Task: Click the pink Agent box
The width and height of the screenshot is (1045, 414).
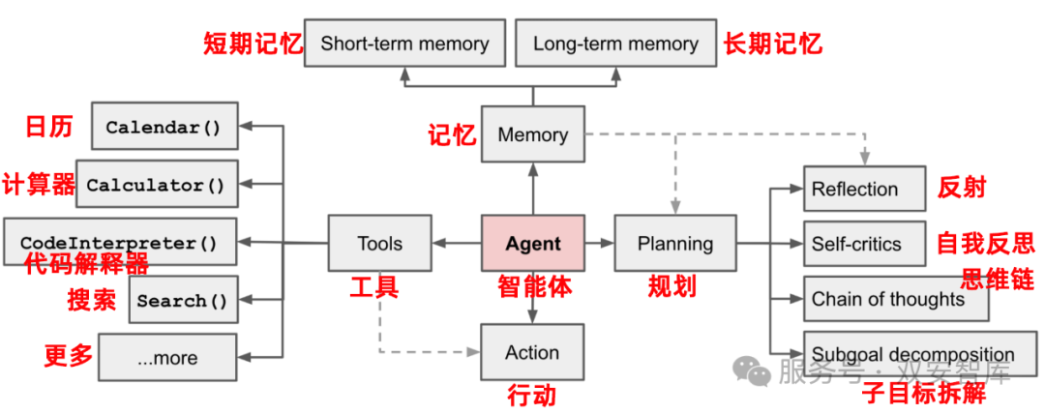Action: pos(532,243)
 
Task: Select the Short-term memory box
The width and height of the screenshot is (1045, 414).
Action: pos(404,44)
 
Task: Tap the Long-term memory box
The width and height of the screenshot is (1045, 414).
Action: pos(615,44)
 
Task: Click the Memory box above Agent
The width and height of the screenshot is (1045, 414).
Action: pos(532,135)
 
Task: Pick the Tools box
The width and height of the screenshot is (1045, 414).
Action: pos(379,243)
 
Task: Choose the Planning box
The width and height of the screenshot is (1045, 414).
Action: pos(674,243)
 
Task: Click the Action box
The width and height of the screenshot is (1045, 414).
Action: pos(532,353)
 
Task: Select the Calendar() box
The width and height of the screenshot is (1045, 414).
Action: pos(164,127)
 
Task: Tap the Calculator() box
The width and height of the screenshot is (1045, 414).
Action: pos(156,185)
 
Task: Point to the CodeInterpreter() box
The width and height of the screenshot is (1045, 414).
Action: pos(119,242)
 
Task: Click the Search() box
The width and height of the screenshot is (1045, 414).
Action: pos(182,300)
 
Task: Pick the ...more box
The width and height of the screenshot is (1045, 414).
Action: pos(167,358)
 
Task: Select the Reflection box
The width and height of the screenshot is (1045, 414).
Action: pos(858,189)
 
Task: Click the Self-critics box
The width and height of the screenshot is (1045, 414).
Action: pos(858,244)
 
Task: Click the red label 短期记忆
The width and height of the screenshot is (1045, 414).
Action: pos(252,44)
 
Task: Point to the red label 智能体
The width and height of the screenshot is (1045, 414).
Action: pos(535,287)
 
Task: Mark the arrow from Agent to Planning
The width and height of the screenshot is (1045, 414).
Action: pos(599,244)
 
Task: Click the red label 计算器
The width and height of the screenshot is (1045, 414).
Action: pos(39,184)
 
